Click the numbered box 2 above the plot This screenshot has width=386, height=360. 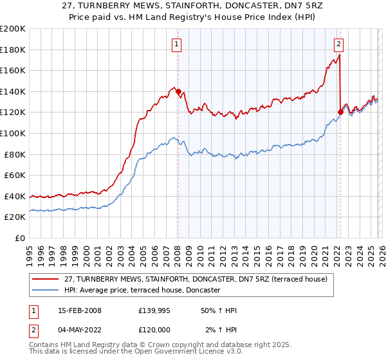(x=338, y=44)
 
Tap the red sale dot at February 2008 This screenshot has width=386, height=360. (x=178, y=92)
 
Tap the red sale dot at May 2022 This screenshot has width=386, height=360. (x=340, y=112)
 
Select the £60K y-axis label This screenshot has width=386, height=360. (x=15, y=175)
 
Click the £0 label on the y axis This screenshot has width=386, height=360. (x=20, y=238)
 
